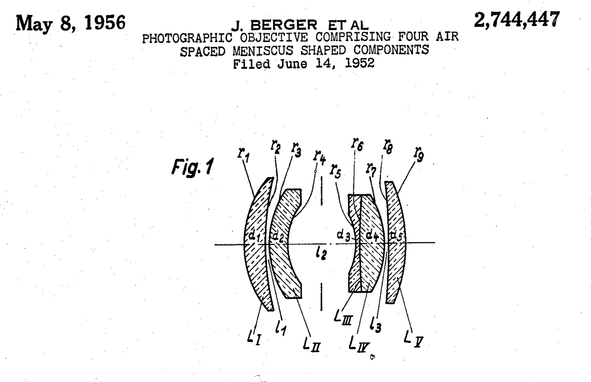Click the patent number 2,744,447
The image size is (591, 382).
(517, 19)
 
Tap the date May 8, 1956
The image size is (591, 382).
(70, 23)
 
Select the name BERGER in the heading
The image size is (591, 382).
(283, 25)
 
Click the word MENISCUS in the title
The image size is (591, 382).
(263, 50)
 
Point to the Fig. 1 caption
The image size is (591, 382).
(192, 167)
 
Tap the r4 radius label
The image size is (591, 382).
(320, 157)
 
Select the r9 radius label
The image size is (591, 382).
(419, 153)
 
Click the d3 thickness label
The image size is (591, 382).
(343, 235)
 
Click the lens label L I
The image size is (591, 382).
(255, 337)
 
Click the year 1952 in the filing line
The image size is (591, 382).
(360, 63)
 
